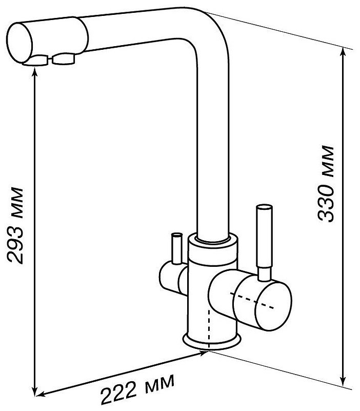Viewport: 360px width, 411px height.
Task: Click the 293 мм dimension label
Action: [x=15, y=225]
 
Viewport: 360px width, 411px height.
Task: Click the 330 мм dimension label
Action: [x=326, y=184]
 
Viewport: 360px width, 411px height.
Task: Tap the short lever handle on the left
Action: [x=176, y=248]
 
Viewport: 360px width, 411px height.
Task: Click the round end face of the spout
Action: [x=19, y=43]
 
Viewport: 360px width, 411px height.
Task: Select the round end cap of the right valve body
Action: [x=273, y=306]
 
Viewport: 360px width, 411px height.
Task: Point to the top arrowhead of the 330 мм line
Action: [x=343, y=52]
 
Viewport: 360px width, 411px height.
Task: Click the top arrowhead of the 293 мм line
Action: [x=35, y=73]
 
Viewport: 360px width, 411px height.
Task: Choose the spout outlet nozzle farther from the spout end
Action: [x=64, y=59]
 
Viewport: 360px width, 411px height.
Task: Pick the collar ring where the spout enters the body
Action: [x=213, y=240]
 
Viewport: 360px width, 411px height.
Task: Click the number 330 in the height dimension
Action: [x=326, y=202]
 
